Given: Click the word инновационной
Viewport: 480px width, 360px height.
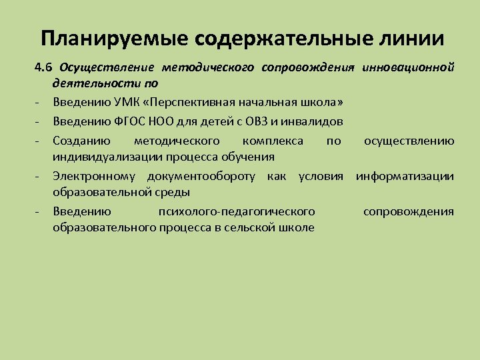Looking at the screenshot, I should tap(409, 67).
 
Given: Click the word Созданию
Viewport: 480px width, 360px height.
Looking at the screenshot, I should tap(81, 141).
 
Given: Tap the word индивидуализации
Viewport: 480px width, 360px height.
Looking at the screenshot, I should tap(104, 157).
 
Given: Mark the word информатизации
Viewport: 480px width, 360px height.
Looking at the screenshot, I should tap(405, 176).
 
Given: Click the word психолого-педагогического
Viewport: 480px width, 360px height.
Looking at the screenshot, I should tap(237, 211).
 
